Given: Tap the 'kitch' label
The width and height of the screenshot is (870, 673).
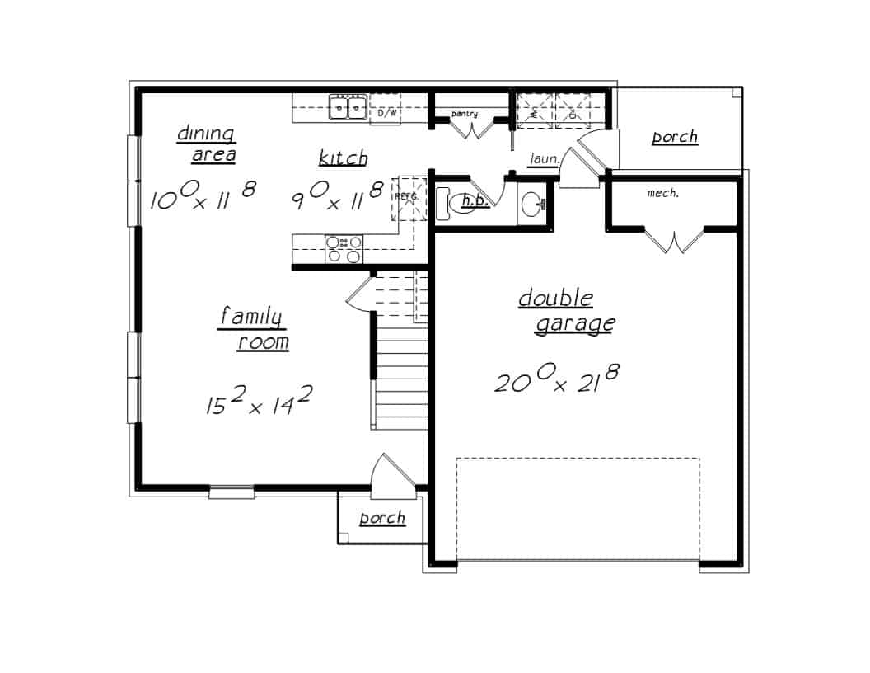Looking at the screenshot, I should tap(343, 158).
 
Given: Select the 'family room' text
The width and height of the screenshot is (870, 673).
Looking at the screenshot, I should tap(254, 328).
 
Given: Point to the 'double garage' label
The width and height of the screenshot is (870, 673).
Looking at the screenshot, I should tap(566, 311).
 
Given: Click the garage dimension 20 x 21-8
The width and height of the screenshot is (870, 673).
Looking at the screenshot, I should tap(557, 380).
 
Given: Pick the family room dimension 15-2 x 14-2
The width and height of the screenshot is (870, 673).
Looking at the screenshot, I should tap(259, 402).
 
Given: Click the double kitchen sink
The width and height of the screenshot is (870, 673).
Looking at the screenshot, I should tap(348, 107).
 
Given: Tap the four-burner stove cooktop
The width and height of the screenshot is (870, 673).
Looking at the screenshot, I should tap(344, 248).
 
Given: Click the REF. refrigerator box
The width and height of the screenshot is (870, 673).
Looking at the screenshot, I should tap(407, 200).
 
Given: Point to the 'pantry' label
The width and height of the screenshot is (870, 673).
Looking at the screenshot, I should tap(465, 113).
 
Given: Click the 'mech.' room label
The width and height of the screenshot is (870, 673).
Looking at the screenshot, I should tap(662, 194).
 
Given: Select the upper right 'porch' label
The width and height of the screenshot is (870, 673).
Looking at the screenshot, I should tap(675, 137).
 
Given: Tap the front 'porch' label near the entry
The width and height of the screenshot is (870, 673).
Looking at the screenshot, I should tap(382, 518).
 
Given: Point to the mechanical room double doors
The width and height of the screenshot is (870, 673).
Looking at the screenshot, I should tap(674, 240).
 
